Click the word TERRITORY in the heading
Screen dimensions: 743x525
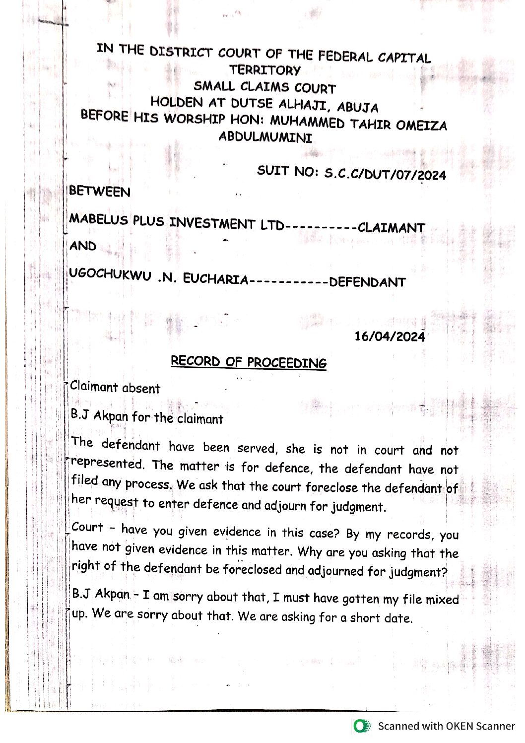click(x=265, y=70)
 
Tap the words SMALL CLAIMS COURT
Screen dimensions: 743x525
click(x=264, y=87)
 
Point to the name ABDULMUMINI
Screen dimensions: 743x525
click(x=265, y=137)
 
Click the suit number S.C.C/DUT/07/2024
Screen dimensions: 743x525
click(x=385, y=174)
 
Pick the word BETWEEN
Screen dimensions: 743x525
click(x=100, y=192)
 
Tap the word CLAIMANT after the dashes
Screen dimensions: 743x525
click(x=391, y=228)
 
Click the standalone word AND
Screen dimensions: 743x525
click(x=83, y=246)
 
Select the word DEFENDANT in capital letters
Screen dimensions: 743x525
click(x=367, y=282)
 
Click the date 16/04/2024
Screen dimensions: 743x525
click(x=390, y=336)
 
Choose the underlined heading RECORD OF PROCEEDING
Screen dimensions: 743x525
click(x=249, y=362)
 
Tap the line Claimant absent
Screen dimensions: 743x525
click(x=115, y=388)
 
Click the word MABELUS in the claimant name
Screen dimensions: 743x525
click(x=98, y=219)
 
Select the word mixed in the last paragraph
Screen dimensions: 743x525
click(x=442, y=600)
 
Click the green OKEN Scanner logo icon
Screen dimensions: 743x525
click(x=362, y=726)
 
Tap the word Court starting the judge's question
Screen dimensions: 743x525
click(x=87, y=527)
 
